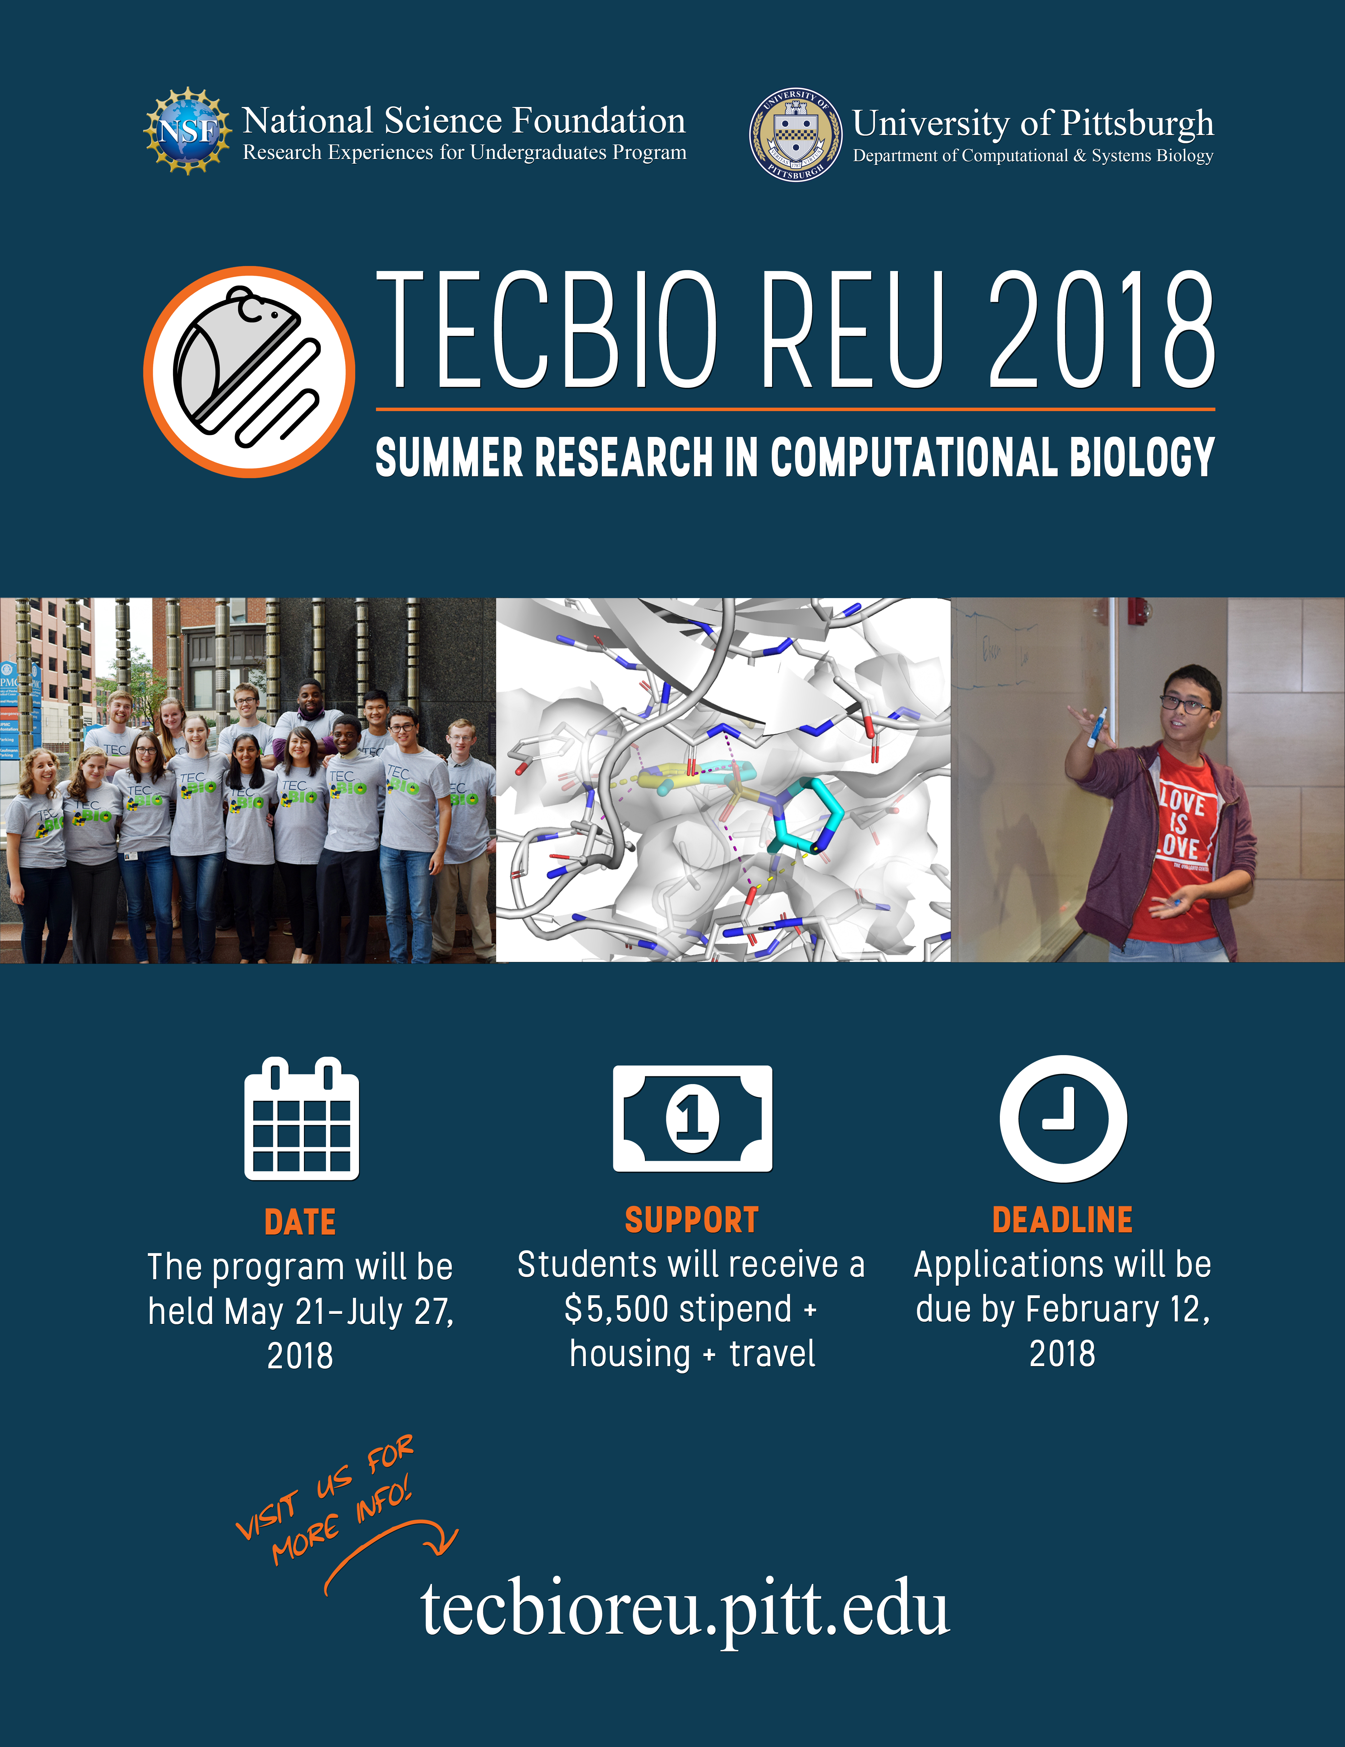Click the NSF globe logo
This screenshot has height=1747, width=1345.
(x=187, y=130)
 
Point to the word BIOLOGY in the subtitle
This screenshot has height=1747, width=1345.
(x=1142, y=458)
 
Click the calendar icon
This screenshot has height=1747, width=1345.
(x=301, y=1118)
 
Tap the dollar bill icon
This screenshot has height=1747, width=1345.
(x=692, y=1118)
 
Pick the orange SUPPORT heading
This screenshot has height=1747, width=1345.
(x=692, y=1220)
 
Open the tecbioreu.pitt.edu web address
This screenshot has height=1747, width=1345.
(x=685, y=1609)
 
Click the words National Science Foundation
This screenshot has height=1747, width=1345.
(x=464, y=121)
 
